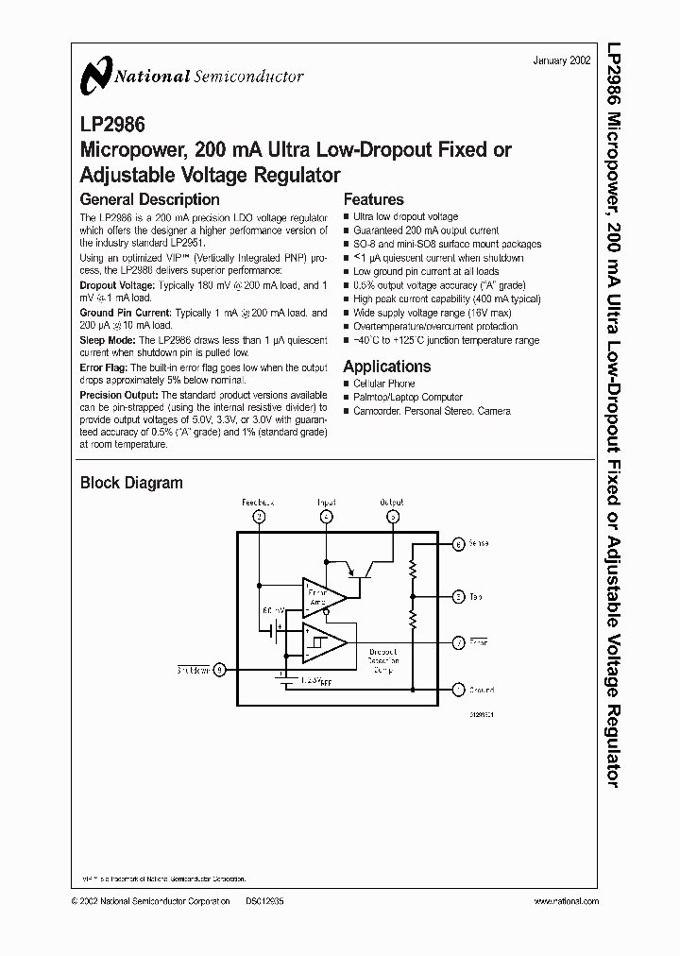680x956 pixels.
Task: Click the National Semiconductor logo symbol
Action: pyautogui.click(x=96, y=75)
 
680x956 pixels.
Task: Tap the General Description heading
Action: pyautogui.click(x=149, y=199)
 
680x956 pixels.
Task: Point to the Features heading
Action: pyautogui.click(x=373, y=199)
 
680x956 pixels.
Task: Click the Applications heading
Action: pyautogui.click(x=386, y=367)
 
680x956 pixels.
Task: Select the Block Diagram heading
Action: pyautogui.click(x=130, y=483)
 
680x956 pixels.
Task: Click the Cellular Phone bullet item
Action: pyautogui.click(x=383, y=384)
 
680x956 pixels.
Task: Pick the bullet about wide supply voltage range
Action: pyautogui.click(x=432, y=312)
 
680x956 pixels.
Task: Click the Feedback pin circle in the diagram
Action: pyautogui.click(x=258, y=516)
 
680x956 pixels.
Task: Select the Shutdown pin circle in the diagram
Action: pyautogui.click(x=220, y=670)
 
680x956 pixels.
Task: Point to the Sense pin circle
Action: pyautogui.click(x=458, y=544)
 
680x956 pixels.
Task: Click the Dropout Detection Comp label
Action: pyautogui.click(x=383, y=660)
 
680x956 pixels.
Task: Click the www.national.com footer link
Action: pyautogui.click(x=566, y=901)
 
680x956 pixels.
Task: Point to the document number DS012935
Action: pyautogui.click(x=264, y=901)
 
